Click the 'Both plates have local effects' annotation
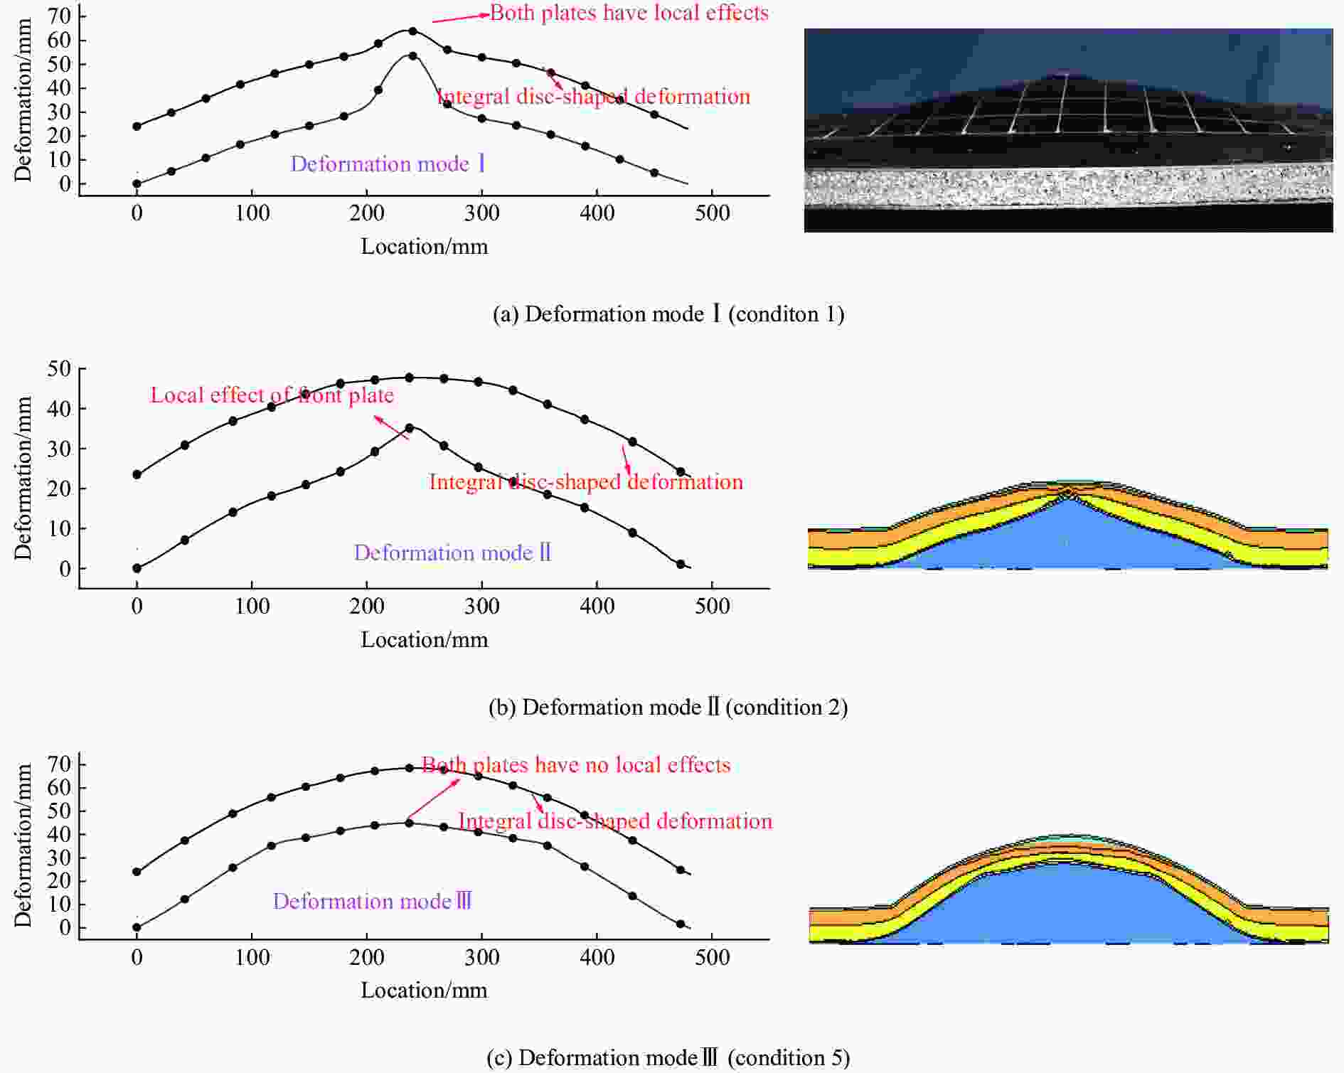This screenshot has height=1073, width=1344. tap(629, 13)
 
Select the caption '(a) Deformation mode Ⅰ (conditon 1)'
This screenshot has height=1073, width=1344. tap(668, 314)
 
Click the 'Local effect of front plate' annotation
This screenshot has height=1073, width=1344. tap(272, 395)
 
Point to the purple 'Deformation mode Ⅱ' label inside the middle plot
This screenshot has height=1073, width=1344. tap(453, 552)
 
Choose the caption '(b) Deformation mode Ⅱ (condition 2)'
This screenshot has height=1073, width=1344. tap(668, 707)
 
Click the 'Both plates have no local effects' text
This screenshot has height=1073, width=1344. tap(576, 764)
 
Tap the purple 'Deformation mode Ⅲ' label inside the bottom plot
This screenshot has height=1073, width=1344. tap(373, 901)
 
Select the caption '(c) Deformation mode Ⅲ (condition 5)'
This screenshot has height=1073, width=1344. tap(668, 1057)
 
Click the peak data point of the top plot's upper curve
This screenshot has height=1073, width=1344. tap(412, 31)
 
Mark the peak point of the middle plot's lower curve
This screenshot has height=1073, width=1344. tap(409, 428)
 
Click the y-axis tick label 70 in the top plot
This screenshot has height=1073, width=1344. tap(59, 15)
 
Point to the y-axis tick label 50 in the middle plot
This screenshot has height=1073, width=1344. tap(59, 369)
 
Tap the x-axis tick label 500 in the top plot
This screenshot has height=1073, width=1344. tap(712, 213)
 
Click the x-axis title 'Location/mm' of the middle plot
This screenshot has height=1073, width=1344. tap(425, 639)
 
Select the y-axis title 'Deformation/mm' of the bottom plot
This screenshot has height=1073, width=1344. tap(23, 845)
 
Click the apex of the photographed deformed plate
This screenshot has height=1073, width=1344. tap(1064, 73)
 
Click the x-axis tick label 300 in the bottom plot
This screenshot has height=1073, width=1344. tap(481, 957)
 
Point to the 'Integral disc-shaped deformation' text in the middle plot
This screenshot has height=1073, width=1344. tap(586, 482)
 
